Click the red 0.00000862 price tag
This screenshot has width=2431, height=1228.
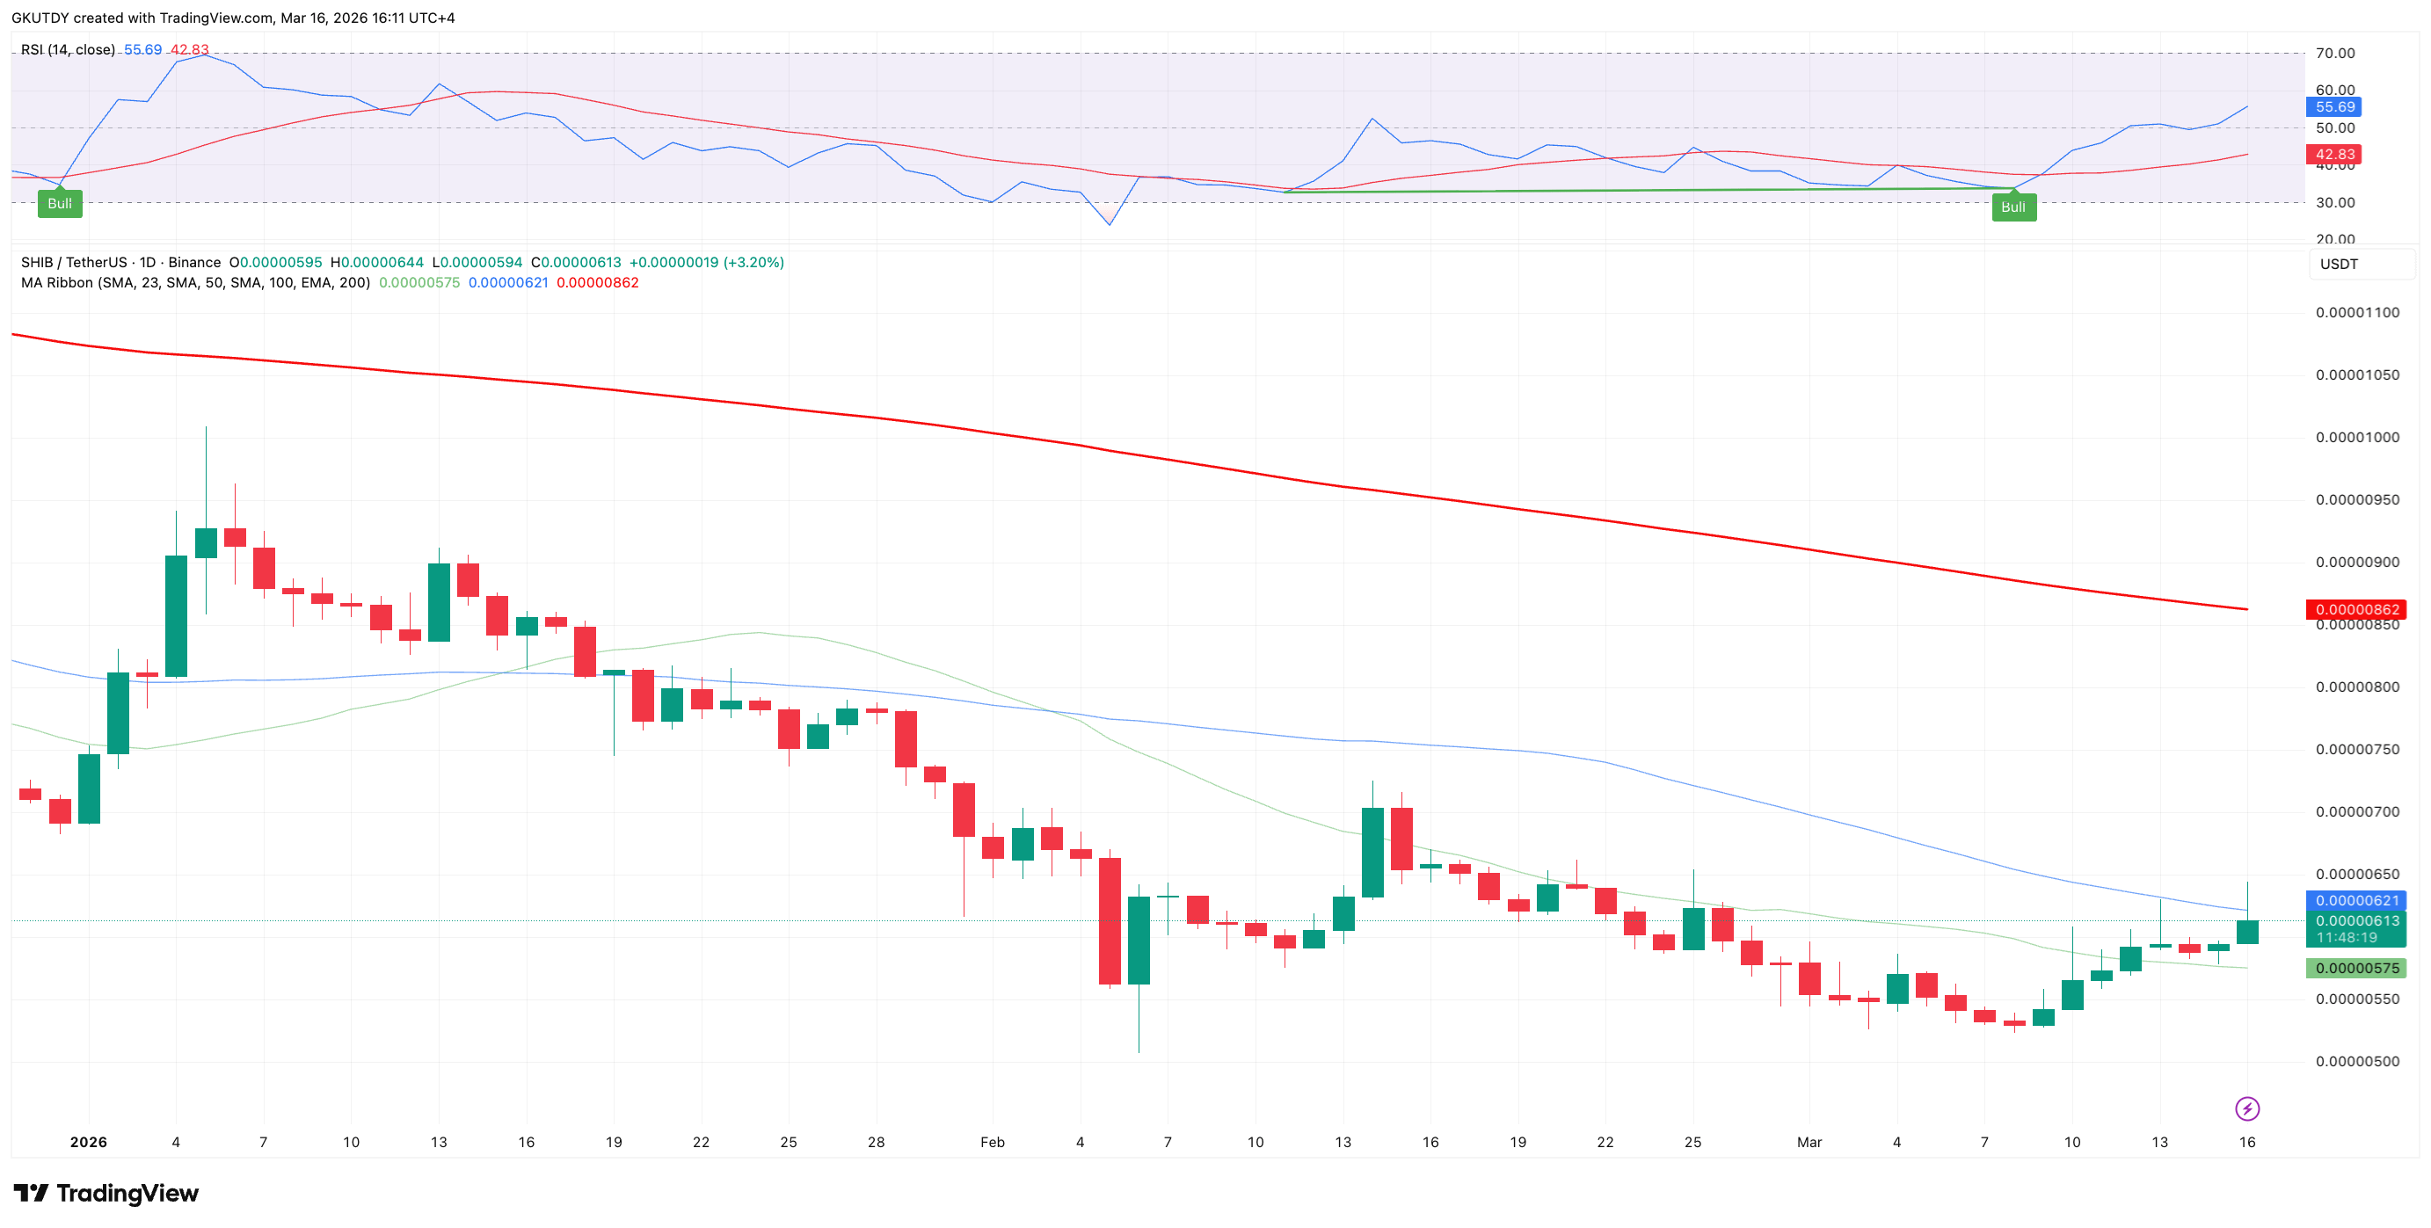coord(2355,609)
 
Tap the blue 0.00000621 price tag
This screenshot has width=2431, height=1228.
coord(2355,901)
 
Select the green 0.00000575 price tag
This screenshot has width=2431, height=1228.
coord(2355,968)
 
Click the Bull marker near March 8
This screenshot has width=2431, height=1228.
coord(2012,207)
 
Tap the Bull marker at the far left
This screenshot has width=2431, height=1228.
coord(60,204)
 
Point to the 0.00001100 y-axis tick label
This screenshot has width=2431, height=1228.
coord(2356,312)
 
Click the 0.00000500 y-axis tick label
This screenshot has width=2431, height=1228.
coord(2356,1061)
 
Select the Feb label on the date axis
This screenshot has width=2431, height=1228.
coord(992,1142)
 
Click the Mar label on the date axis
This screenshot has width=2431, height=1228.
coord(1809,1142)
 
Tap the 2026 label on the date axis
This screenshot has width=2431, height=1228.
coord(89,1142)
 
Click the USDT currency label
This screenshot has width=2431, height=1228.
coord(2339,264)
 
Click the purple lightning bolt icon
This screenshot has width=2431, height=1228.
coord(2247,1108)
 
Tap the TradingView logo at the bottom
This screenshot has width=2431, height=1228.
coord(106,1193)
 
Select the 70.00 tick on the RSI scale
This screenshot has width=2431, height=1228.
coord(2335,53)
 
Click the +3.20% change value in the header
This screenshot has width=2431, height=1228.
coord(753,262)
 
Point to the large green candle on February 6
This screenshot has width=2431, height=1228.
coord(1139,941)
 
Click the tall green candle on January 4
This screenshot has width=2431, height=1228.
coord(176,616)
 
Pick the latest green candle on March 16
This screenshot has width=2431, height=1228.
coord(2247,932)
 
